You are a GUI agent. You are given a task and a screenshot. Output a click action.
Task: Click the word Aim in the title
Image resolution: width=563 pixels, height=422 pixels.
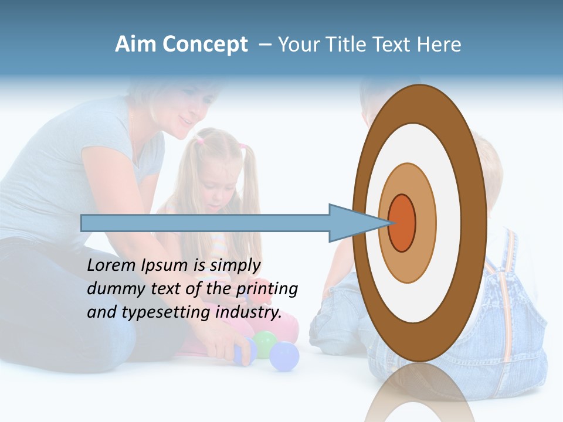click(136, 45)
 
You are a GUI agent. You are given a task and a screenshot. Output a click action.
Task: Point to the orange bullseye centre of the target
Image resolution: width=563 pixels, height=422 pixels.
click(402, 223)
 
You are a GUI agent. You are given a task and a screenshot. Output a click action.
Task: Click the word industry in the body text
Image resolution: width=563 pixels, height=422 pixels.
click(246, 312)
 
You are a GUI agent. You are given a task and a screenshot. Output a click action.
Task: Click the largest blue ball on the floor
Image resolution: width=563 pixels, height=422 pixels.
click(284, 356)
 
